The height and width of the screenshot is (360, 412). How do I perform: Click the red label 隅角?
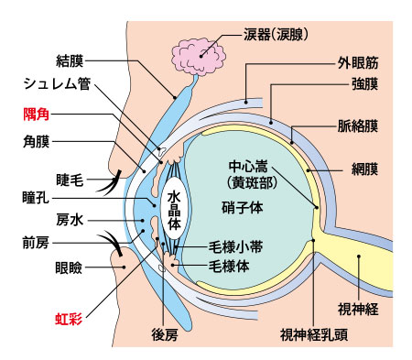click(x=38, y=116)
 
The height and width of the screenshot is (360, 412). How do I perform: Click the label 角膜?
click(x=38, y=143)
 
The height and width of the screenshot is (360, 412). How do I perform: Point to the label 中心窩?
click(x=249, y=169)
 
